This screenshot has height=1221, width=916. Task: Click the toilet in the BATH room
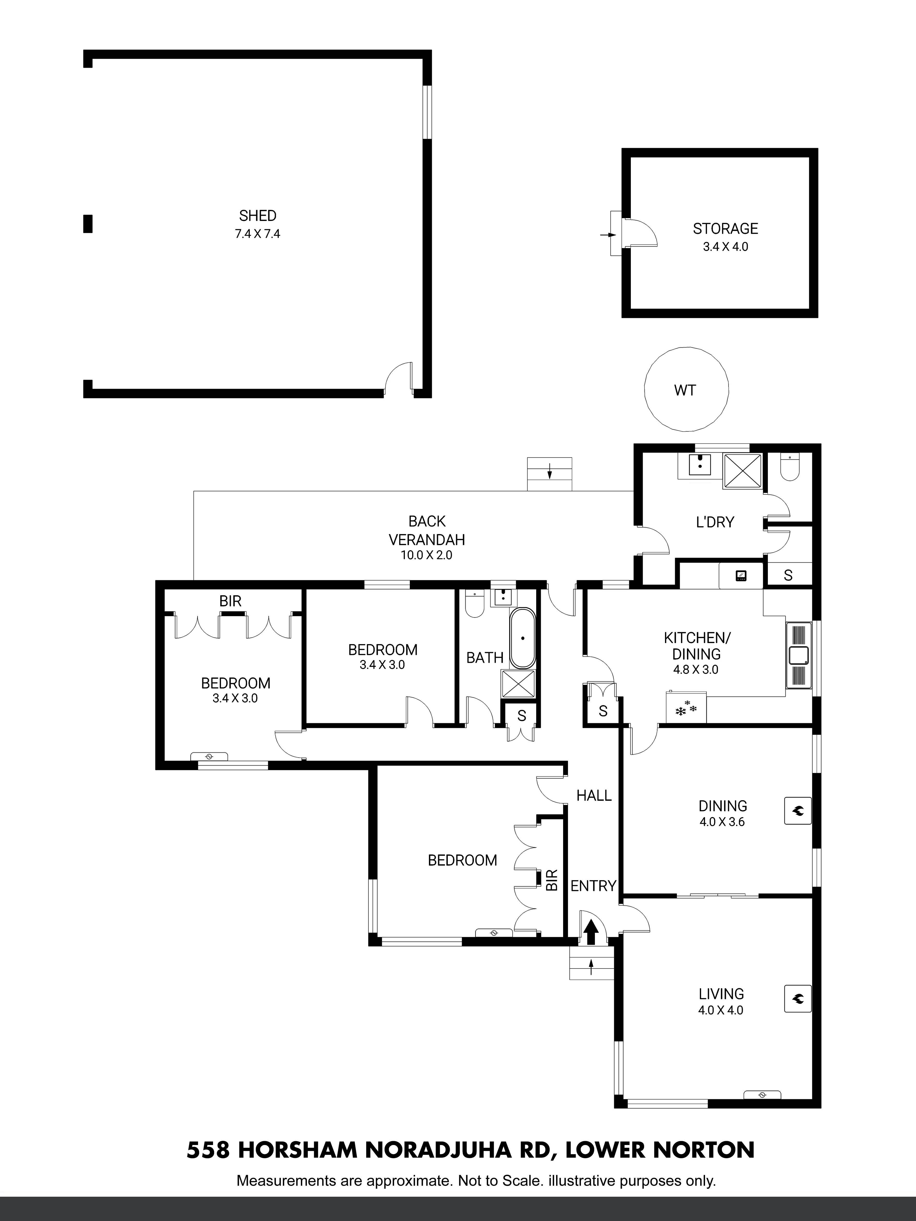[474, 604]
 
